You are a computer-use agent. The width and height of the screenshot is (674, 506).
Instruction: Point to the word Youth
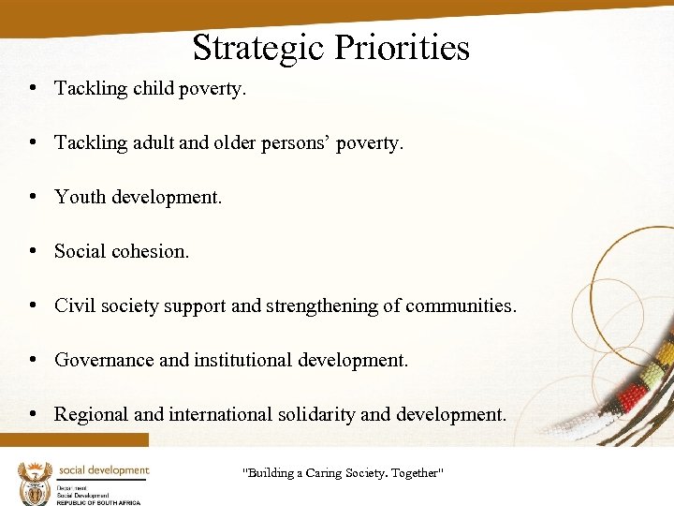point(80,197)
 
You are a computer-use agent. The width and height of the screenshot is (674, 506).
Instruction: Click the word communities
point(461,305)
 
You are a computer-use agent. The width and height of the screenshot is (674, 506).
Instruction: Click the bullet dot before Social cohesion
point(33,251)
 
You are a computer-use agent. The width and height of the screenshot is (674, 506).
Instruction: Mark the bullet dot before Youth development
point(33,197)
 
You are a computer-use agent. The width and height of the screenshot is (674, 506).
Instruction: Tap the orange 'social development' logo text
point(103,469)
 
